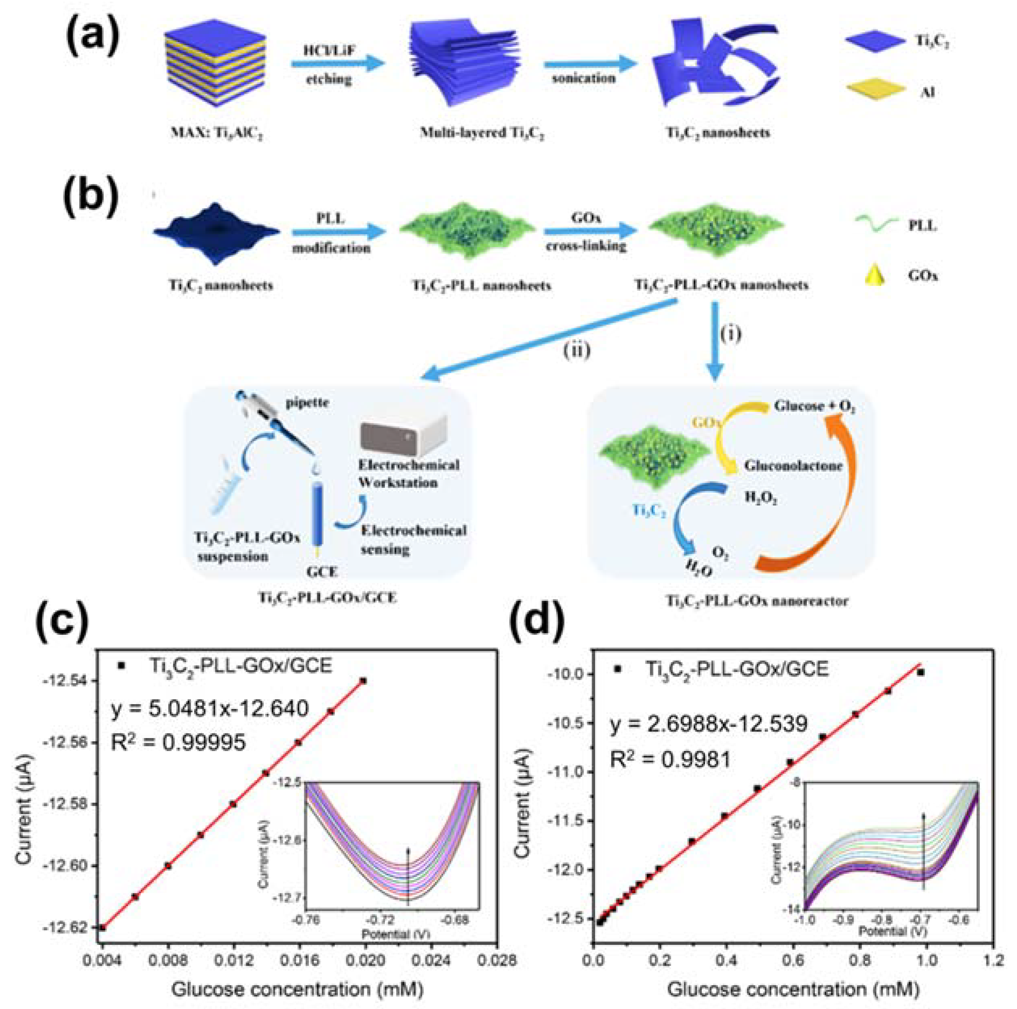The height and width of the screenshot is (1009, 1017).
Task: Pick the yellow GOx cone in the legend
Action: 874,275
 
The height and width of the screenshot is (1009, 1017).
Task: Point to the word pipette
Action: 307,403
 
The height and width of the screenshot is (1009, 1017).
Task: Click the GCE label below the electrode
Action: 321,571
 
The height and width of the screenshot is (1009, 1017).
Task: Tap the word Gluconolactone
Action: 793,466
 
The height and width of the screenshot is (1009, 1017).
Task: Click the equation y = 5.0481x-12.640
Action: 210,709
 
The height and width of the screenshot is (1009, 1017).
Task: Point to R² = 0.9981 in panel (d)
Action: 669,759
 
